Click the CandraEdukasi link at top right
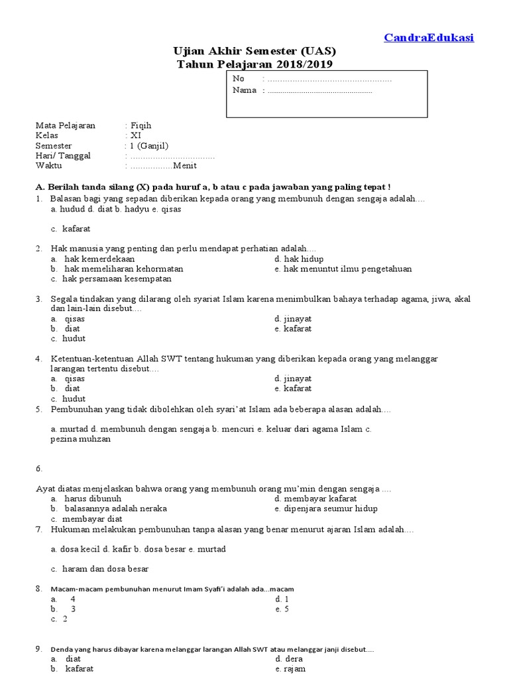(x=429, y=38)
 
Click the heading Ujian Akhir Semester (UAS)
(x=254, y=51)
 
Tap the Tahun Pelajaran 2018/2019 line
(x=254, y=64)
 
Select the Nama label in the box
(x=245, y=90)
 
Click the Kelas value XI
(x=136, y=135)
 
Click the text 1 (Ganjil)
(x=149, y=145)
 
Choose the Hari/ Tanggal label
(x=63, y=155)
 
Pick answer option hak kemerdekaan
(x=99, y=259)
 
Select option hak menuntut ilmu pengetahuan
(x=347, y=269)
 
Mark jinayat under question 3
(x=297, y=319)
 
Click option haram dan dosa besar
(x=105, y=568)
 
